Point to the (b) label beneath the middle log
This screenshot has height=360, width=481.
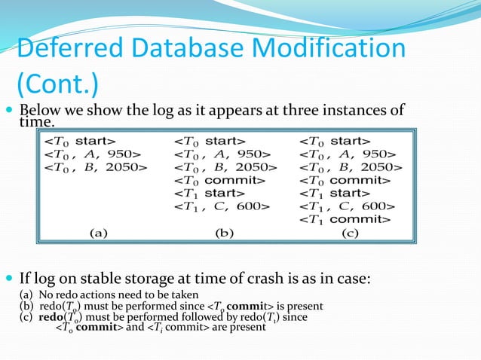[224, 233]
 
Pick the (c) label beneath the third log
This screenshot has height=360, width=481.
[350, 233]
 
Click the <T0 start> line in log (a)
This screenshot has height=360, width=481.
[79, 141]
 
